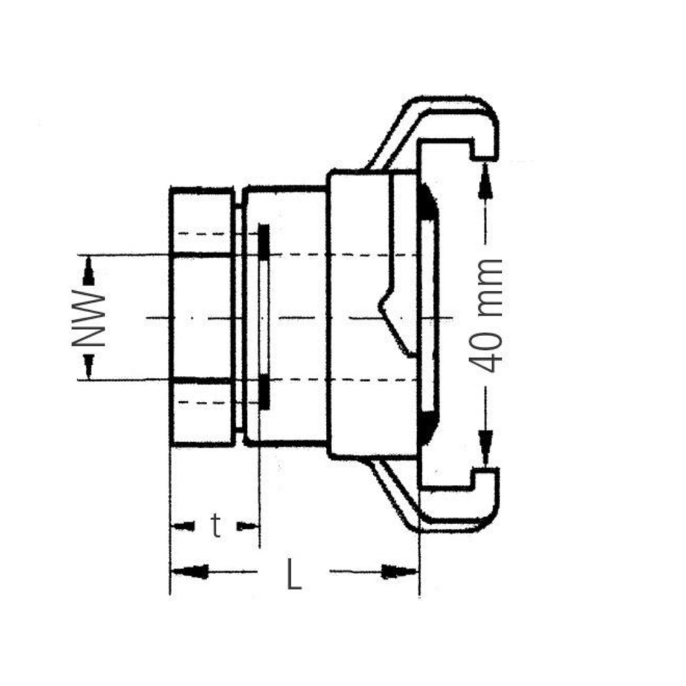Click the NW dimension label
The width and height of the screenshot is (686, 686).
(88, 317)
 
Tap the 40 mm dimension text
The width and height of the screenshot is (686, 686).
(486, 316)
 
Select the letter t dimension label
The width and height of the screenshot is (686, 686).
(215, 526)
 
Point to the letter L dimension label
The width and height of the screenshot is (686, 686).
(294, 573)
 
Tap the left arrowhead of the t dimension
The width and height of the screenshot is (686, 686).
(182, 526)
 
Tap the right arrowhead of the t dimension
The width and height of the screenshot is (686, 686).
(248, 526)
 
